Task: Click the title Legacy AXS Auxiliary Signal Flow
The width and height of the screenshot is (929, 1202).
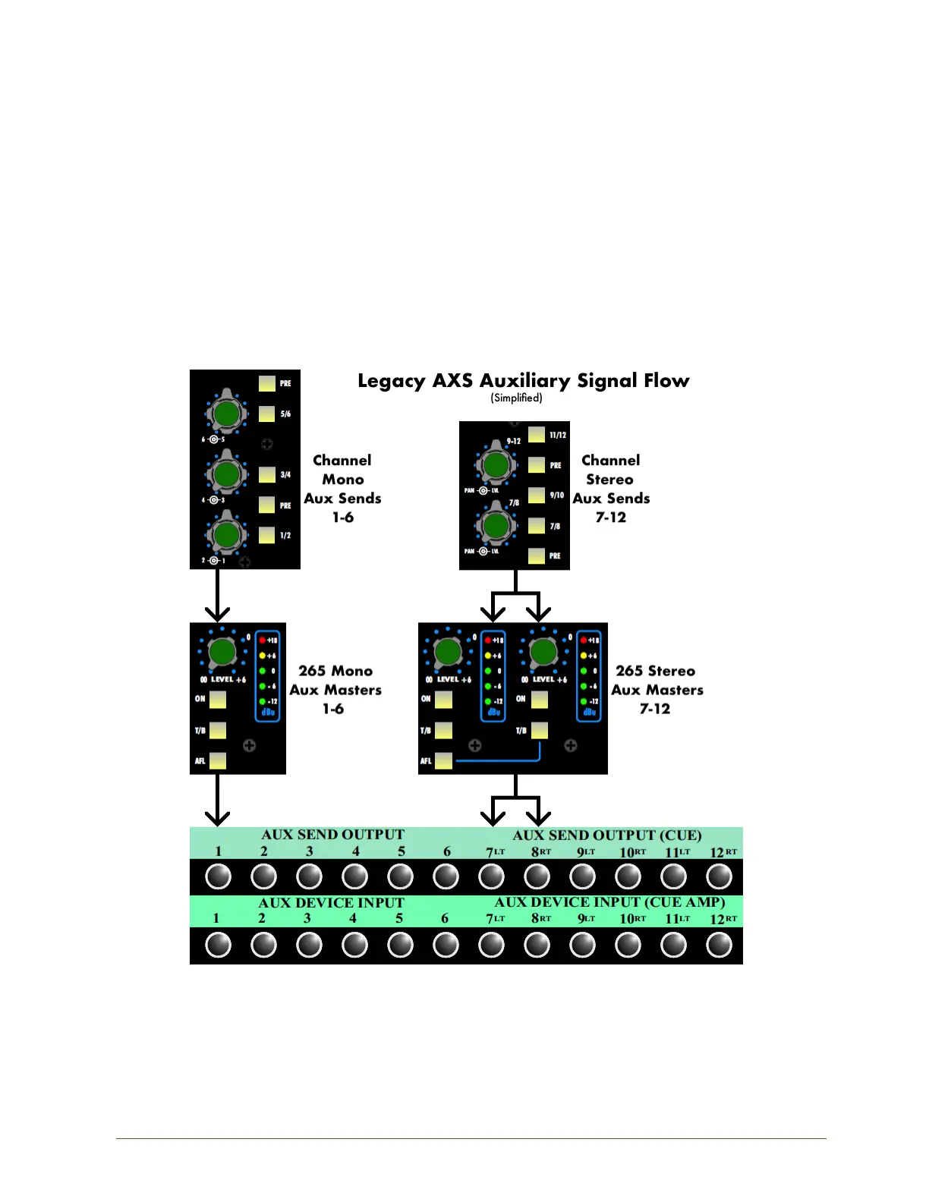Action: [523, 380]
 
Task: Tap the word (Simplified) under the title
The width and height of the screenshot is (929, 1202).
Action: [516, 398]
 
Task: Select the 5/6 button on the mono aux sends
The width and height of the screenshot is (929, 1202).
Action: [267, 414]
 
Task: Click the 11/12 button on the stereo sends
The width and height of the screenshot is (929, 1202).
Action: [537, 435]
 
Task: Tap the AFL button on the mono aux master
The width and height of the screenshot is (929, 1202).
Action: [218, 760]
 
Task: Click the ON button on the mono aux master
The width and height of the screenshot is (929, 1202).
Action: [218, 699]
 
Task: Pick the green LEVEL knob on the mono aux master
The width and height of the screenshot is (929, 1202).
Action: [222, 651]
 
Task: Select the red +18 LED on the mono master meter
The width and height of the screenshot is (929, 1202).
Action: [263, 640]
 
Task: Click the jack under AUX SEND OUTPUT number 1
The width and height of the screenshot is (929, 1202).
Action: [218, 876]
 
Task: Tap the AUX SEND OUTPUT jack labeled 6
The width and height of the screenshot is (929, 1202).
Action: [446, 876]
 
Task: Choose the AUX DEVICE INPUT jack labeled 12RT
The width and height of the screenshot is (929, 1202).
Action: [719, 945]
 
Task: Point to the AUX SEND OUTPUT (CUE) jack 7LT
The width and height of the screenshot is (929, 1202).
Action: [491, 876]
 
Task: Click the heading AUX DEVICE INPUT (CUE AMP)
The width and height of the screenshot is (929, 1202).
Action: [609, 902]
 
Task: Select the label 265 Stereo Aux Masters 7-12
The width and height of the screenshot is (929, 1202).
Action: [657, 690]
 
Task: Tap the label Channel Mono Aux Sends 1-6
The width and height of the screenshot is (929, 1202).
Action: [342, 489]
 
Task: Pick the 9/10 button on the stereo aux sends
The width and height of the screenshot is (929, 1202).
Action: [537, 495]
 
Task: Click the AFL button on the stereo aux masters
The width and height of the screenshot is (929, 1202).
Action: [444, 760]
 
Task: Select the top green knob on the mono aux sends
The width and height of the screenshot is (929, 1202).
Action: [225, 414]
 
